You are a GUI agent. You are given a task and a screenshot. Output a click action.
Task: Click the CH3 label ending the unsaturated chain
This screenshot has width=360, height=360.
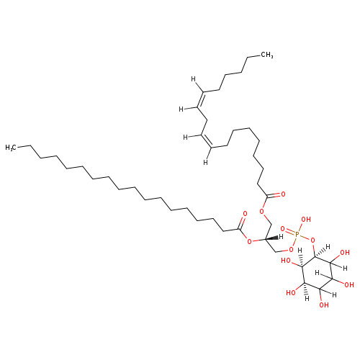[x=266, y=55]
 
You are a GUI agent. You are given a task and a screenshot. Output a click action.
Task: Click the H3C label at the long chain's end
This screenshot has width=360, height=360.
[x=11, y=147]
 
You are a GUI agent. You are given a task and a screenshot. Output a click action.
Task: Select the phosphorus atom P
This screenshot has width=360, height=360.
[x=297, y=234]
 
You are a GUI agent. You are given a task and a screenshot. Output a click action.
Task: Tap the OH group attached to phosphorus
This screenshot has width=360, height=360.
[x=306, y=220]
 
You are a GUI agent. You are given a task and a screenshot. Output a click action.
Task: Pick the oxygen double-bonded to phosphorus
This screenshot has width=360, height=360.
[x=283, y=229]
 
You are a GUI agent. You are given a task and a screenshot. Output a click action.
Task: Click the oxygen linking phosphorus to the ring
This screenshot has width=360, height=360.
[x=312, y=240]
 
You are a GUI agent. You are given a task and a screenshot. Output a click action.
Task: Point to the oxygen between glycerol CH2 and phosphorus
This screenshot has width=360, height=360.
[x=292, y=250]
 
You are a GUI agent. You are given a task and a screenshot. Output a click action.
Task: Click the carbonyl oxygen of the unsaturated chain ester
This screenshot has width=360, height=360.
[x=283, y=194]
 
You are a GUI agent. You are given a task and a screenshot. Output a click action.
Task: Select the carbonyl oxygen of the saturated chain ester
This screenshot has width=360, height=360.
[x=245, y=213]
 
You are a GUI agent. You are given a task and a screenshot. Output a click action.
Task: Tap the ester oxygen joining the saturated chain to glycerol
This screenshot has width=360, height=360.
[x=249, y=241]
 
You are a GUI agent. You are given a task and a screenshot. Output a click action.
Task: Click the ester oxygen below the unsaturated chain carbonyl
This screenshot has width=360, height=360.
[x=262, y=212]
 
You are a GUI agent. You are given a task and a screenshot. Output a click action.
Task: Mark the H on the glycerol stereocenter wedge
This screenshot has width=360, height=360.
[x=281, y=237]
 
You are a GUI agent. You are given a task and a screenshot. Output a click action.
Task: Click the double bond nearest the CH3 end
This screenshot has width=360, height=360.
[x=201, y=99]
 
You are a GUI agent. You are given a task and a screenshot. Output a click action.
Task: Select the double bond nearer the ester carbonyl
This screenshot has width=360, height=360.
[x=207, y=141]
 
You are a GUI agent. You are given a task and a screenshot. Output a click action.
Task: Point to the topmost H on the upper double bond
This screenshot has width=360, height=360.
[x=193, y=79]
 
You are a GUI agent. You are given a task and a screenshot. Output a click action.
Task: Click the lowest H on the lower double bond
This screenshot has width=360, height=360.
[x=205, y=163]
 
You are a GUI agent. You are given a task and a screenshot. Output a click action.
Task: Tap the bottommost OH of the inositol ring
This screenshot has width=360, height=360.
[x=324, y=305]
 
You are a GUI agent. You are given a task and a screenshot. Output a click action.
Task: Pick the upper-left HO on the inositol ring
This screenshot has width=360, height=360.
[x=286, y=261]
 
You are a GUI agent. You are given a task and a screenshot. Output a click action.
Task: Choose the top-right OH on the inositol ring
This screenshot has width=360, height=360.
[x=345, y=253]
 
